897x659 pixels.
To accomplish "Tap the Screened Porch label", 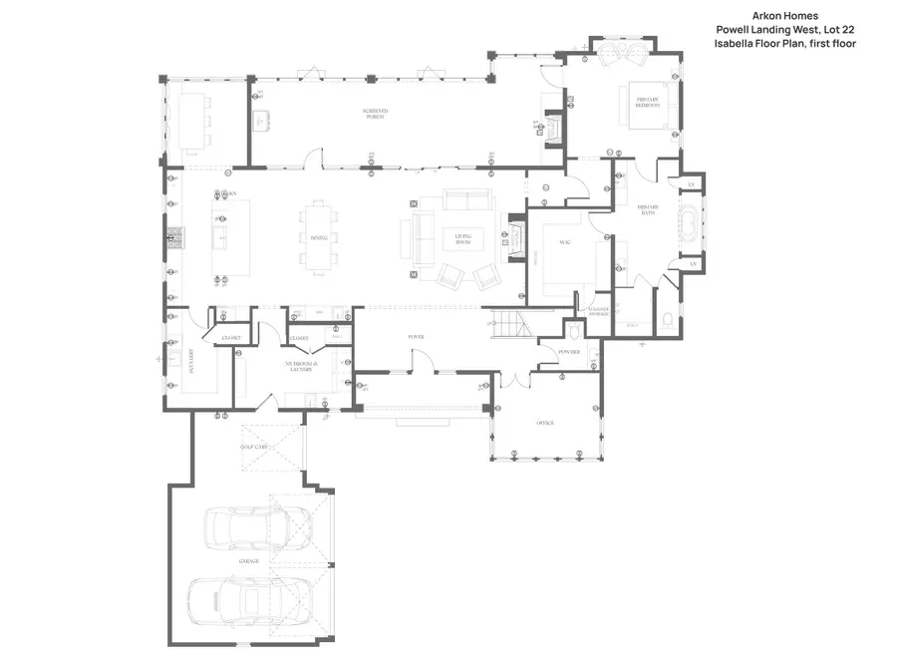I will tap(375, 113).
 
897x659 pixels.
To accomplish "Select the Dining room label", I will tap(319, 237).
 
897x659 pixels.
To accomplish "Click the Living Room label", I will tap(462, 240).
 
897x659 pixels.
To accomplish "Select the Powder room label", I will tap(569, 352).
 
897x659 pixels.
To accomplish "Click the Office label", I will tap(544, 424).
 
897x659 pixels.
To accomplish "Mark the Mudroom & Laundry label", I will tap(302, 367).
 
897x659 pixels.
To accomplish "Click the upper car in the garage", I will tap(246, 526).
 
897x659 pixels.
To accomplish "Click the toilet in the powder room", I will tap(574, 330).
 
